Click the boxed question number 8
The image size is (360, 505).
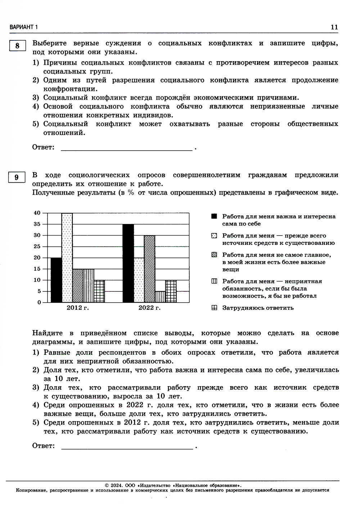pos(17,46)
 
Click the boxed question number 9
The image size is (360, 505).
pos(17,178)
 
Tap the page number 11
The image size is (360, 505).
pos(334,27)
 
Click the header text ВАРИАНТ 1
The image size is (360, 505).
pos(24,27)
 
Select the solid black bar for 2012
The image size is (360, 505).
pos(56,280)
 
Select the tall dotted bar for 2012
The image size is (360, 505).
pos(67,258)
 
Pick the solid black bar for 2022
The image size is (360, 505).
pos(128,263)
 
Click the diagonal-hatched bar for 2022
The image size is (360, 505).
pos(149,269)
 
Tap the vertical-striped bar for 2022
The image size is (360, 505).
pos(160,296)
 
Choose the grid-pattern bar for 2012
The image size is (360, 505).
pos(99,291)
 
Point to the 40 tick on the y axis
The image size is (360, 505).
pos(37,213)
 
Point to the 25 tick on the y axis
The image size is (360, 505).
pos(37,246)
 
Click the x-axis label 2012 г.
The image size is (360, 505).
pos(77,308)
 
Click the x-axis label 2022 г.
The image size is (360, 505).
pos(149,308)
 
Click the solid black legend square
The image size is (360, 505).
pos(214,216)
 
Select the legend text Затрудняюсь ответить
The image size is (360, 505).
pos(258,308)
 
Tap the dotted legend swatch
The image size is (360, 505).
pos(214,236)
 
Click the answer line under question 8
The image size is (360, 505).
pos(126,149)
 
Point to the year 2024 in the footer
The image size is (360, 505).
pos(117,485)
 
